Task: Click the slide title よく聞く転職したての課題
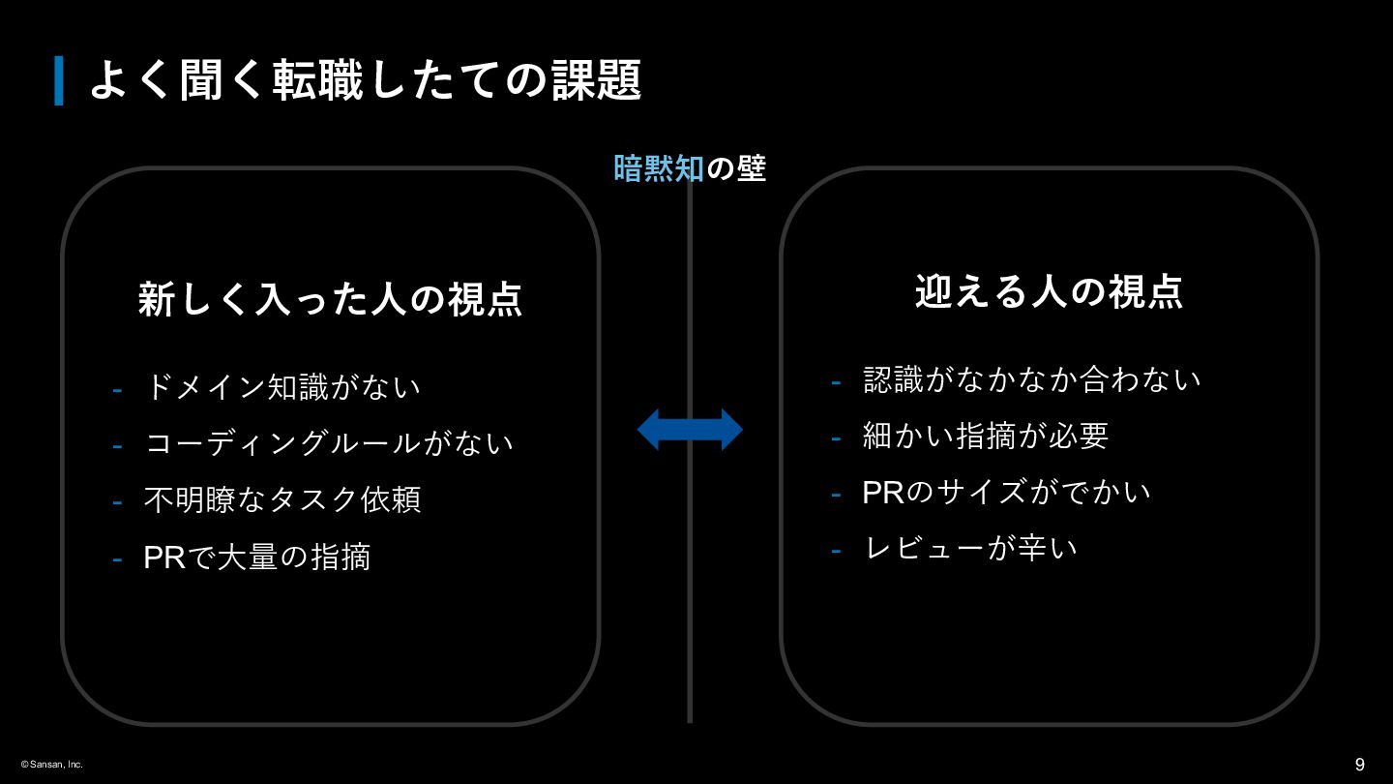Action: pos(365,80)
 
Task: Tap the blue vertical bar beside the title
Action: pos(59,80)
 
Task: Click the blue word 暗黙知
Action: pos(659,168)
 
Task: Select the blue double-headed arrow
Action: pos(690,429)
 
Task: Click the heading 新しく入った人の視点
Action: pos(330,299)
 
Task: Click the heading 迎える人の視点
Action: pos(1049,291)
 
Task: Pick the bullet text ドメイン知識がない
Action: pos(282,387)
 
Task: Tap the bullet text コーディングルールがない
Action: pos(329,443)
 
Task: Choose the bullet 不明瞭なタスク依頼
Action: pos(282,499)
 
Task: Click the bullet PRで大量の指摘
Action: pos(257,557)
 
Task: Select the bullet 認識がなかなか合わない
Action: pos(1032,379)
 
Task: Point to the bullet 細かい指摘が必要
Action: pos(986,436)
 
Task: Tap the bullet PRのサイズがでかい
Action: pos(1007,492)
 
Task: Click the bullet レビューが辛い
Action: pos(970,548)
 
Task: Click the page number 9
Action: pos(1359,765)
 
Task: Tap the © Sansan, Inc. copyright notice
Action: pos(52,765)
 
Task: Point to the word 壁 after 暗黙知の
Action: pos(751,168)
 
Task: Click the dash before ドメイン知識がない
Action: pos(117,390)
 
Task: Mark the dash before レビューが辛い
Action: pos(836,551)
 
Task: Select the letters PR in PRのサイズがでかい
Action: pos(882,492)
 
